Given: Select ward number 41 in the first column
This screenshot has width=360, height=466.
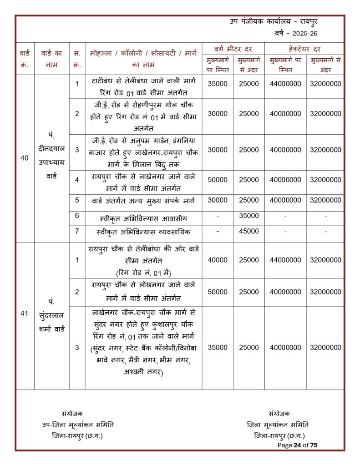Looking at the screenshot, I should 24,314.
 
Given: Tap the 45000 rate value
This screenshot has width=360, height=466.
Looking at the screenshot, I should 248,232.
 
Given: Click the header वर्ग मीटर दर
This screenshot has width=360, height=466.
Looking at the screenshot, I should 233,49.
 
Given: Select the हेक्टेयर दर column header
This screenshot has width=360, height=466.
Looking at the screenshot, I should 304,49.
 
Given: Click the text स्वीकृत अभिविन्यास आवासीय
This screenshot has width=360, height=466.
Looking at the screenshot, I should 143,219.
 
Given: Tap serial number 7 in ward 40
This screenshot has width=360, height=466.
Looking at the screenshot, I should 77,231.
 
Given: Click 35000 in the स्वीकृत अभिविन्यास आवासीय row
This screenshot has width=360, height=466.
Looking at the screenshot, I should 248,216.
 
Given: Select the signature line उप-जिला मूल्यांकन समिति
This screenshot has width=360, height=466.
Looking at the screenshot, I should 78,425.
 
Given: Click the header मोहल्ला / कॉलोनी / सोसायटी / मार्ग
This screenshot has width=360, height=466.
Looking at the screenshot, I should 143,54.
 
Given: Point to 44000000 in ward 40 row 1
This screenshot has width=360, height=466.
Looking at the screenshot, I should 285,84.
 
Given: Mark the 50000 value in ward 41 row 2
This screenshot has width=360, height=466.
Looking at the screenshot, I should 218,292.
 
